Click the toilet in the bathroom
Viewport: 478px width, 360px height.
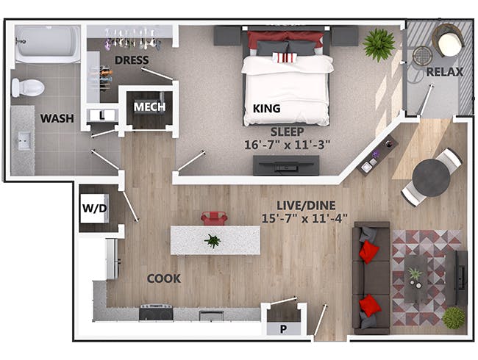(x=28, y=87)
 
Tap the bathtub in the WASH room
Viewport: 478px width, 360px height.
(x=48, y=44)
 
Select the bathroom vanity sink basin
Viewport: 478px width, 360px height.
(x=24, y=141)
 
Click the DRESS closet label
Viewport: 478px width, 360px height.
(x=132, y=60)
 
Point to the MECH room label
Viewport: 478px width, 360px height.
(x=149, y=107)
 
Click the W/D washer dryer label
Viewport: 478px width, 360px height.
(x=95, y=209)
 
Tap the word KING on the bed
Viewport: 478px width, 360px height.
(x=266, y=109)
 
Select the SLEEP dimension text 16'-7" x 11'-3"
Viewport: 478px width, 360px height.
(x=287, y=145)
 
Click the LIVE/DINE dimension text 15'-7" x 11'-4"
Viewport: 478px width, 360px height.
(x=304, y=218)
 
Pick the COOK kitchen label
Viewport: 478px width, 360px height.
(x=164, y=278)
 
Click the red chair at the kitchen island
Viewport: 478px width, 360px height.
(x=214, y=218)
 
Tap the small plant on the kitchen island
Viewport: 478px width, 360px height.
(x=213, y=241)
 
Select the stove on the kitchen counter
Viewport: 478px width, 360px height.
(x=156, y=312)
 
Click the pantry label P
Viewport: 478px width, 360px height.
(x=283, y=329)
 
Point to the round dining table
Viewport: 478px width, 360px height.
(x=431, y=179)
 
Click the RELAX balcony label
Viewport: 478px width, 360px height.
(x=444, y=72)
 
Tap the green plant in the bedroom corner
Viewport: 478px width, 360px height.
(x=379, y=45)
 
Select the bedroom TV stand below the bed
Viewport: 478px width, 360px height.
(x=286, y=165)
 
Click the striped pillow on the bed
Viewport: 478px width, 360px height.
(x=285, y=57)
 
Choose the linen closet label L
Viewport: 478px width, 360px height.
(x=101, y=115)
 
